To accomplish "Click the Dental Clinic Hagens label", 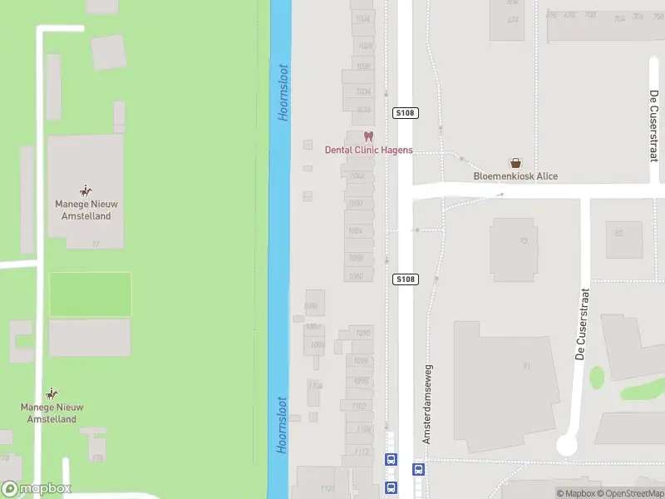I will coord(368,151).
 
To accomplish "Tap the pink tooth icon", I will coord(369,136).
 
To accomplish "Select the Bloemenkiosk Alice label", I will coord(515,176).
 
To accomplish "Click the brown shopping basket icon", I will coord(516,163).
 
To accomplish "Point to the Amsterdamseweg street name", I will coord(428,403).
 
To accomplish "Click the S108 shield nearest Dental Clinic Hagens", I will coord(405,113).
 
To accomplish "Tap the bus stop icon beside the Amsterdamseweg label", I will coord(419,468).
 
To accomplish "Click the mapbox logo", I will coord(37,489).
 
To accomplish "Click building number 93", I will coord(525,241).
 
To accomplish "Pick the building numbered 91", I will coord(526,365).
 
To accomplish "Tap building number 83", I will coord(618,233).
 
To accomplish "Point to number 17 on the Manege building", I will coord(96,244).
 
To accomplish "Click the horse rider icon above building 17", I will coord(85,190).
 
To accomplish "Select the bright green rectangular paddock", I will coord(91,294).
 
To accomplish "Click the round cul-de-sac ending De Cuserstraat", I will coord(566,446).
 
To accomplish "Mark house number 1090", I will coord(362,333).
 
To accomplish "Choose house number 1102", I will coord(358,406).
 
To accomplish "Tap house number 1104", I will coord(363,429).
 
